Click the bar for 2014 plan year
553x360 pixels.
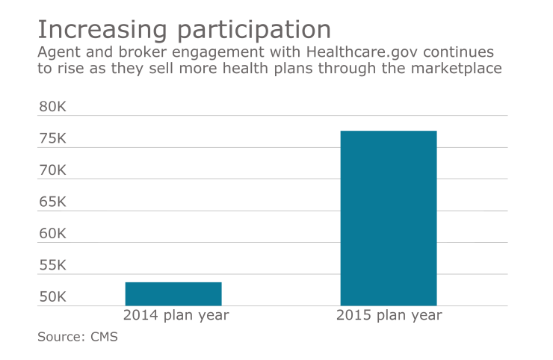coord(173,294)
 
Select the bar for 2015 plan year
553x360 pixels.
coord(389,218)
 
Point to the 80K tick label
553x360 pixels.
coord(53,107)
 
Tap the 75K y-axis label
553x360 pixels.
coord(53,139)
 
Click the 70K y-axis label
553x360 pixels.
coord(53,170)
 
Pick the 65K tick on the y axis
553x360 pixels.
coord(53,202)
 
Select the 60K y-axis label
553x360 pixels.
coord(53,234)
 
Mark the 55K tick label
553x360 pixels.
coord(53,266)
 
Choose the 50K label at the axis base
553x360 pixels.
coord(53,297)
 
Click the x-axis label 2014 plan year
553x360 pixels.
coord(176,315)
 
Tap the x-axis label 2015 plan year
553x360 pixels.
coord(389,315)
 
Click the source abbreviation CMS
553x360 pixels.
coord(104,337)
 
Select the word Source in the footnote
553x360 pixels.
coord(61,337)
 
